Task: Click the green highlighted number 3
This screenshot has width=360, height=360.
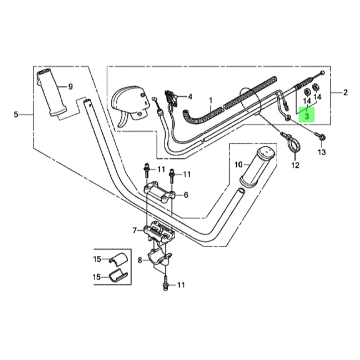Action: (307, 116)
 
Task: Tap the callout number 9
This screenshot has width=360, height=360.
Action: (70, 87)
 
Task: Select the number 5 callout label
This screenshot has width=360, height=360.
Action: (16, 114)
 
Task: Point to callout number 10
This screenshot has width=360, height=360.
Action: (239, 164)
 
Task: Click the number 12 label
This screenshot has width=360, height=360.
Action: (295, 165)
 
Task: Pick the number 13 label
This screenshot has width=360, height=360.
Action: (322, 152)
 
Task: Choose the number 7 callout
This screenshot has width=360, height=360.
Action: (135, 230)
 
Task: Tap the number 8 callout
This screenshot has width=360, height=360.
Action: (140, 260)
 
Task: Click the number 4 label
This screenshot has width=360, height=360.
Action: (190, 97)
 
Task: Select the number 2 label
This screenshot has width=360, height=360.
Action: (346, 93)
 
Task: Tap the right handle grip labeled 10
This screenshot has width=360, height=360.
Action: (257, 166)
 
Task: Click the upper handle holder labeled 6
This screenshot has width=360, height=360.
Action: (160, 193)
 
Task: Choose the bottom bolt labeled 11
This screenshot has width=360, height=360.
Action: (165, 285)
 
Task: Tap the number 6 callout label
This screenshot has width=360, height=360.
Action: (185, 195)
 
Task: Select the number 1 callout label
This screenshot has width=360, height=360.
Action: (211, 100)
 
